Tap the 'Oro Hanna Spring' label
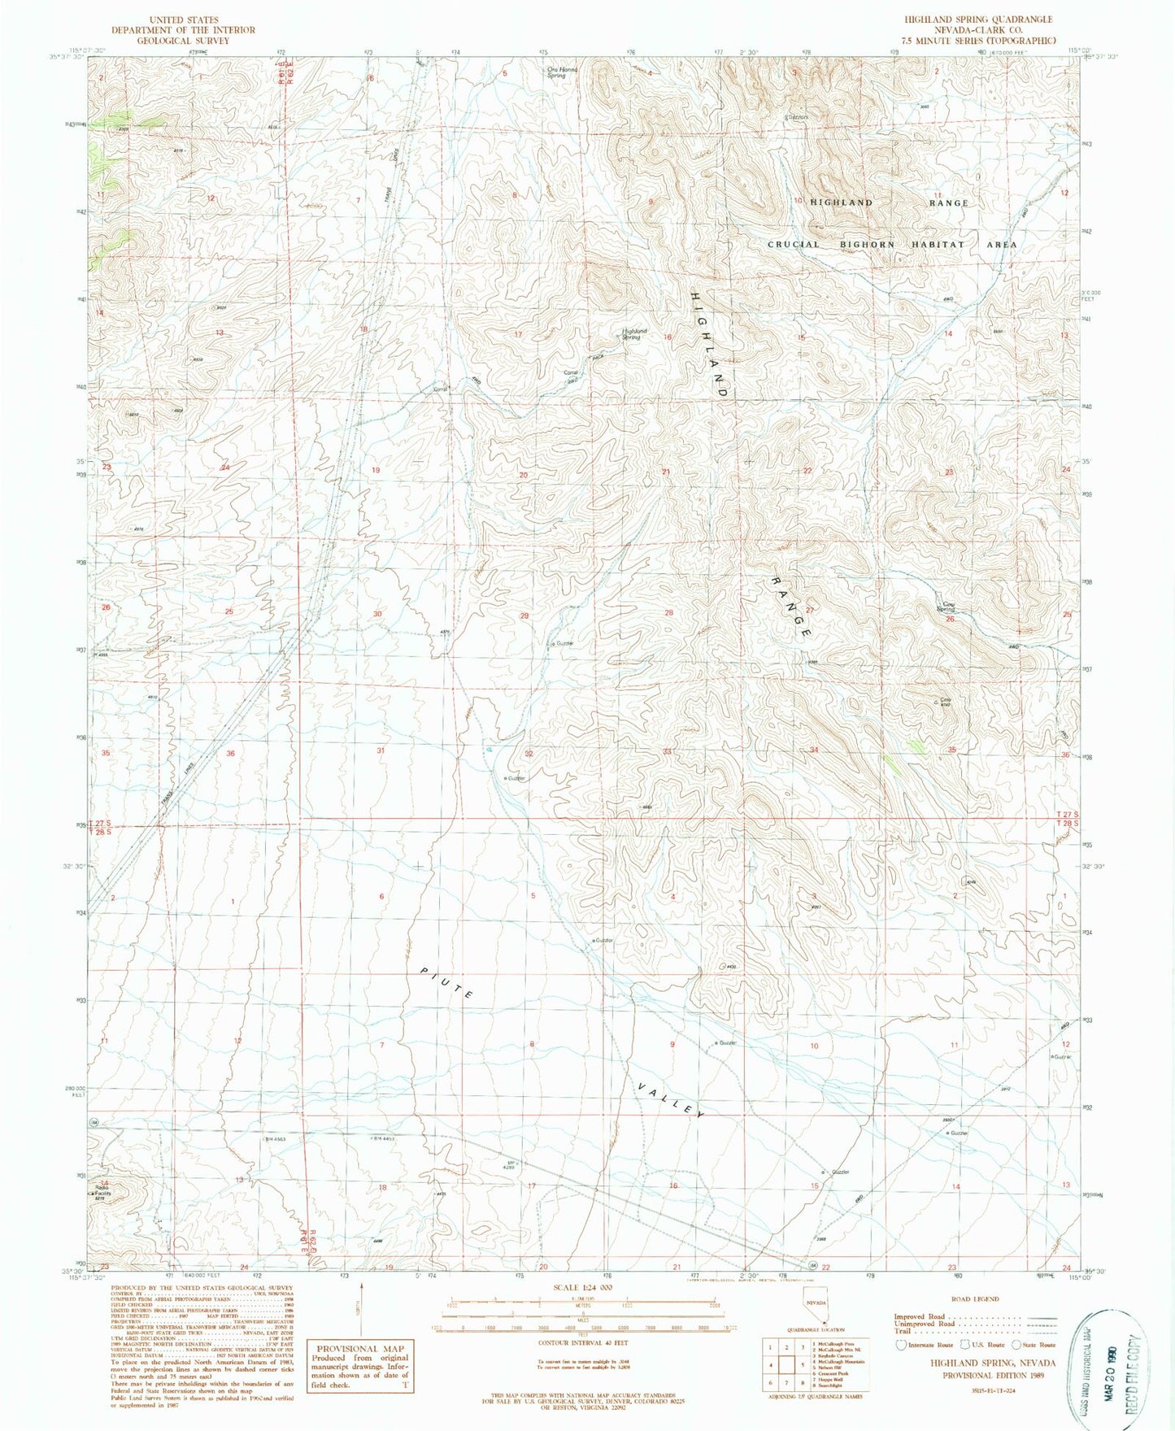click(561, 72)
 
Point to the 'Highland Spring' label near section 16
click(635, 333)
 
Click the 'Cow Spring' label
click(945, 606)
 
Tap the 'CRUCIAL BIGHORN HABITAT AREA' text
click(892, 244)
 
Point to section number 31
click(380, 750)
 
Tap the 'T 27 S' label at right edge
click(1067, 814)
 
